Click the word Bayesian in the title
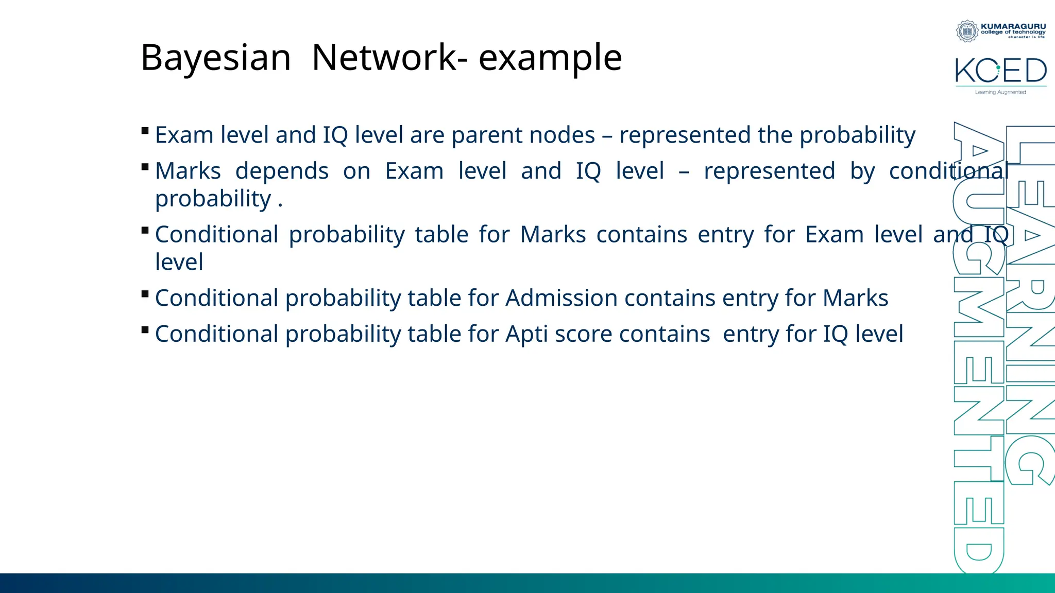(x=215, y=58)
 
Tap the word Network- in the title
(x=389, y=58)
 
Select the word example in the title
(x=550, y=58)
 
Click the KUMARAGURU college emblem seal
(x=967, y=31)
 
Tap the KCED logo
(x=1000, y=71)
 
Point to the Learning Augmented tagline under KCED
(x=1000, y=93)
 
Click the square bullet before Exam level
(x=145, y=131)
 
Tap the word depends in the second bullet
(x=282, y=171)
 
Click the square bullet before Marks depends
(x=145, y=167)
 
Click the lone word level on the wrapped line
(x=179, y=262)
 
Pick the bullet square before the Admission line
(x=145, y=294)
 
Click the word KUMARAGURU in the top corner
(x=1013, y=26)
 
